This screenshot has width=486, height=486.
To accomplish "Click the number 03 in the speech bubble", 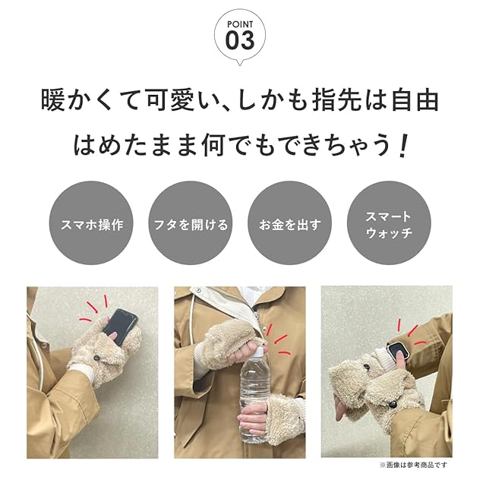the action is click(240, 40).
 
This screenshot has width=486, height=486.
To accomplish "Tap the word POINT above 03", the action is click(240, 24).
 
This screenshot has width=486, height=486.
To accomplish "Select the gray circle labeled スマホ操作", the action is click(91, 223).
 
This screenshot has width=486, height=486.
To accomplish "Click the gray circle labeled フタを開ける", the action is click(191, 223).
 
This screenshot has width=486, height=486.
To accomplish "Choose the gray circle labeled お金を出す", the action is click(290, 223).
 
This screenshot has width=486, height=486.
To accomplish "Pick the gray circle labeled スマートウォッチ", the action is click(389, 223).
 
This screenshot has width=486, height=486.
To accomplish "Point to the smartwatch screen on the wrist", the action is click(397, 351).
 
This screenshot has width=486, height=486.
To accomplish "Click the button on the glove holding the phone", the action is click(98, 358).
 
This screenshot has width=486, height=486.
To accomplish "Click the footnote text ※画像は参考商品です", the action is click(413, 465).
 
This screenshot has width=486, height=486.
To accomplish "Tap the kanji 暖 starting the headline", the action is click(53, 99).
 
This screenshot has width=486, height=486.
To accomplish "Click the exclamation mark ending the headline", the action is click(402, 145).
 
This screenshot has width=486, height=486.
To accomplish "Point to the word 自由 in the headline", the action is click(415, 99).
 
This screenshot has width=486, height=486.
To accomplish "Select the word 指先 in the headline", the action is click(336, 99).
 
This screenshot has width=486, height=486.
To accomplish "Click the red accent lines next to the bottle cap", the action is click(278, 339).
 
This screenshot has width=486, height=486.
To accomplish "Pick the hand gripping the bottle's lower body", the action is click(254, 418).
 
